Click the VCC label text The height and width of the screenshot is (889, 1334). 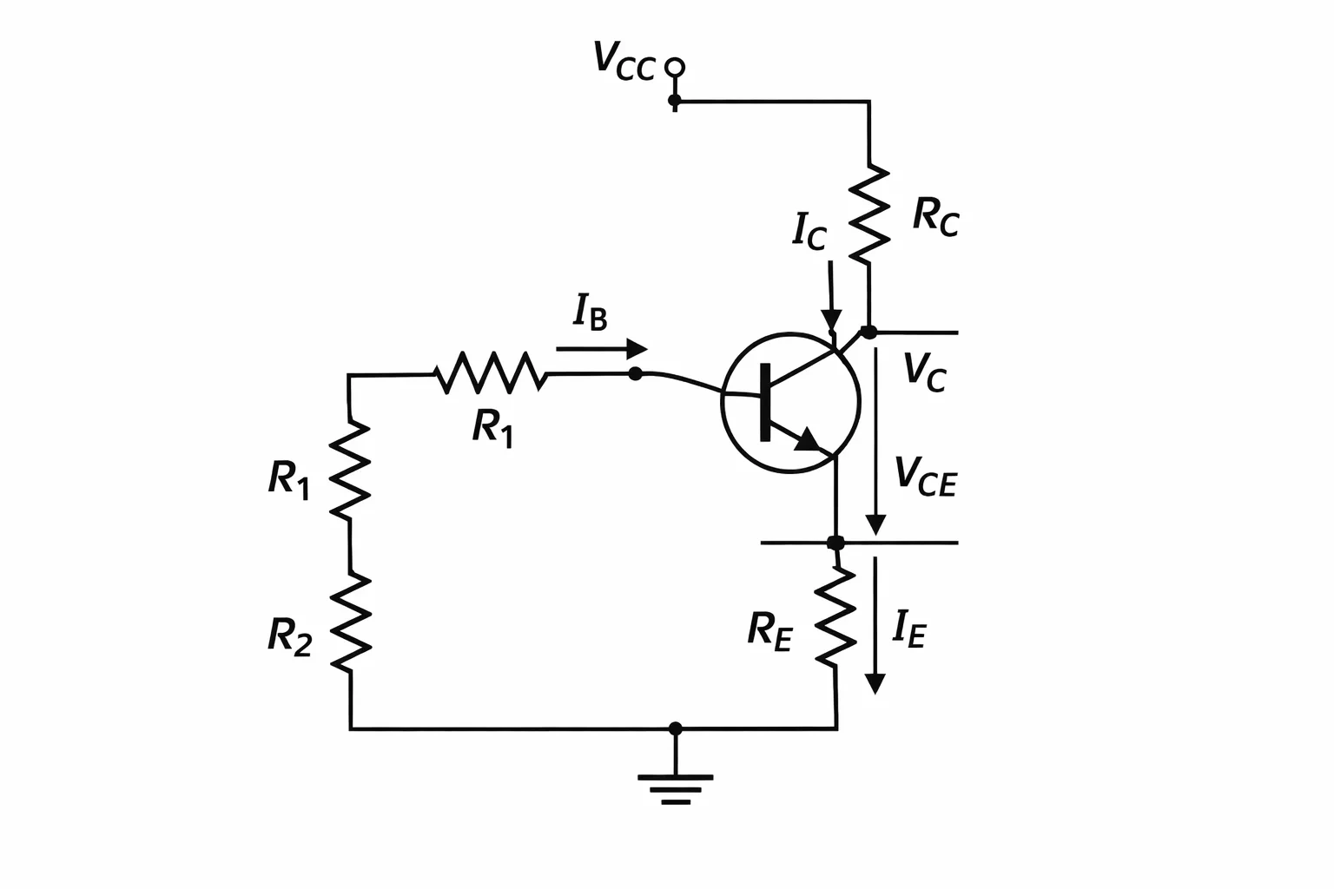[x=624, y=61]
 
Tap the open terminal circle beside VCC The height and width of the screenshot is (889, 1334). [x=675, y=68]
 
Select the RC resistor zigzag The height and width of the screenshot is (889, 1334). [x=868, y=214]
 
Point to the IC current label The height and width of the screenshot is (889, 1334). [x=809, y=232]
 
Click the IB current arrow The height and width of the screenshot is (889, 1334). [x=602, y=349]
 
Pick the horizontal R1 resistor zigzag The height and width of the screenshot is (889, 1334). [x=491, y=373]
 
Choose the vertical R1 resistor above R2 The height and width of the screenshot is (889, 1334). [x=350, y=470]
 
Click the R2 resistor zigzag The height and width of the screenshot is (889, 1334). [x=351, y=622]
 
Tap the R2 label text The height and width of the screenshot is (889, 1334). [x=290, y=637]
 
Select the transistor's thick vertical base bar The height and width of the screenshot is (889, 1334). [x=765, y=402]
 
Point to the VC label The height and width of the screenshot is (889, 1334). [x=925, y=372]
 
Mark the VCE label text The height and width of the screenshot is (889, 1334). [x=926, y=477]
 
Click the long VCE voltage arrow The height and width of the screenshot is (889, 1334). [x=875, y=441]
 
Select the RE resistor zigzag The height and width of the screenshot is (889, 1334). [x=835, y=617]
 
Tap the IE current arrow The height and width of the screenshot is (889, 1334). [x=875, y=625]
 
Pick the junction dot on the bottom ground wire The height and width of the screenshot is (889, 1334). [x=676, y=728]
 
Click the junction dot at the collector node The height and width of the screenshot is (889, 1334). [x=869, y=333]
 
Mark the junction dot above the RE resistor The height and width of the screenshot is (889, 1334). [x=836, y=543]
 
